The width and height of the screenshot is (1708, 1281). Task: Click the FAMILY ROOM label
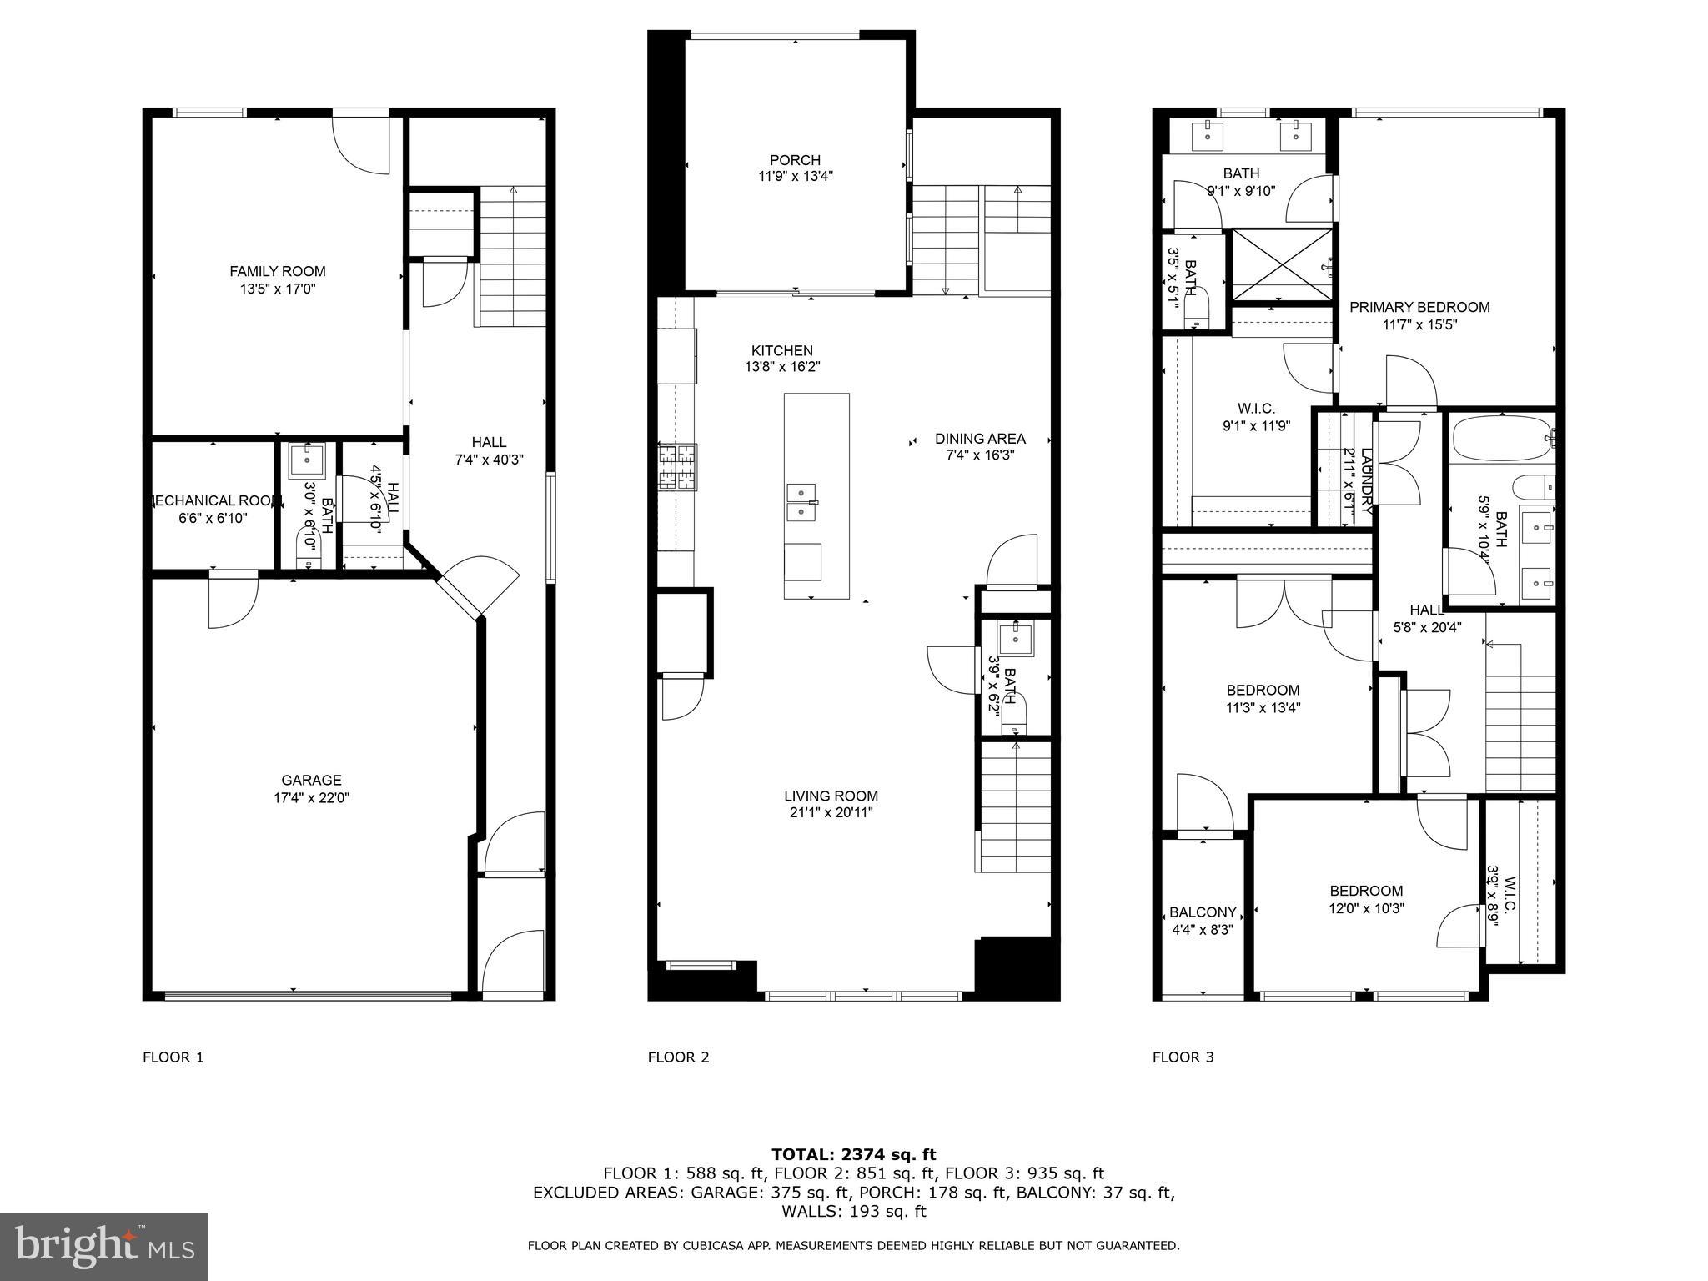click(278, 271)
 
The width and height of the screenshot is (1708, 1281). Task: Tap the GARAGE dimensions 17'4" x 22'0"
click(311, 798)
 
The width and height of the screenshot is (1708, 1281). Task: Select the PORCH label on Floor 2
click(795, 160)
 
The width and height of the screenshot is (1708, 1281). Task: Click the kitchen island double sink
click(801, 500)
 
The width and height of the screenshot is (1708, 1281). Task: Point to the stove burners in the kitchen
click(677, 466)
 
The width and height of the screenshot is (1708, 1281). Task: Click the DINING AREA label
click(980, 439)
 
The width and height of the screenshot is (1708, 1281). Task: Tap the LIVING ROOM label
click(831, 796)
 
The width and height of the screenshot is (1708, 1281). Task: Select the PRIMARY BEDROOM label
click(1419, 307)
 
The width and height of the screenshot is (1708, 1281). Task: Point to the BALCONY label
click(1203, 912)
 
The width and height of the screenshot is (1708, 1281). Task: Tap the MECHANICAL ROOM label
click(213, 500)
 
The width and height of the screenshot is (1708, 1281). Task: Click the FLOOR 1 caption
click(173, 1057)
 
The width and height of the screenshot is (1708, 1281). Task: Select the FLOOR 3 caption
click(1183, 1057)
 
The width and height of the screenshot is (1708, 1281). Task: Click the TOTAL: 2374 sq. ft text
click(853, 1154)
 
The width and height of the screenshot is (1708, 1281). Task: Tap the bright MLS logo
click(104, 1246)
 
